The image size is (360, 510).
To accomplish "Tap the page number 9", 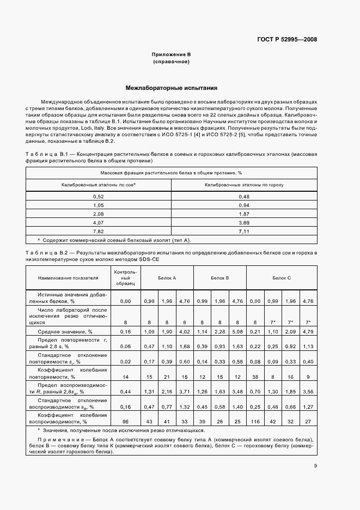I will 315,465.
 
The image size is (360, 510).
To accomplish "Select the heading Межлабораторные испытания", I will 172,87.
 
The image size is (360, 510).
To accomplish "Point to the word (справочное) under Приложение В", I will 172,62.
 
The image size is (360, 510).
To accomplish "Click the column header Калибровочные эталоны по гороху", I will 243,185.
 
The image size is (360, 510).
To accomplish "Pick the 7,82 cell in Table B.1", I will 99,231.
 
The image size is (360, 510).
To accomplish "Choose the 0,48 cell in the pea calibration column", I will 243,196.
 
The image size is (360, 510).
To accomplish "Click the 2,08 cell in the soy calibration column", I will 99,214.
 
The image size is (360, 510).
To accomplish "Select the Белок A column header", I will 167,278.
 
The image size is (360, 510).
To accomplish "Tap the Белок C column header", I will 282,278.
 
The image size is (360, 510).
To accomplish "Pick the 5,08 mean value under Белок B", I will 237,331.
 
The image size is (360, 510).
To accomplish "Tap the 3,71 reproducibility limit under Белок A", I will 185,392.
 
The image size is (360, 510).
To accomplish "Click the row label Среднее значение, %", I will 60,331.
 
